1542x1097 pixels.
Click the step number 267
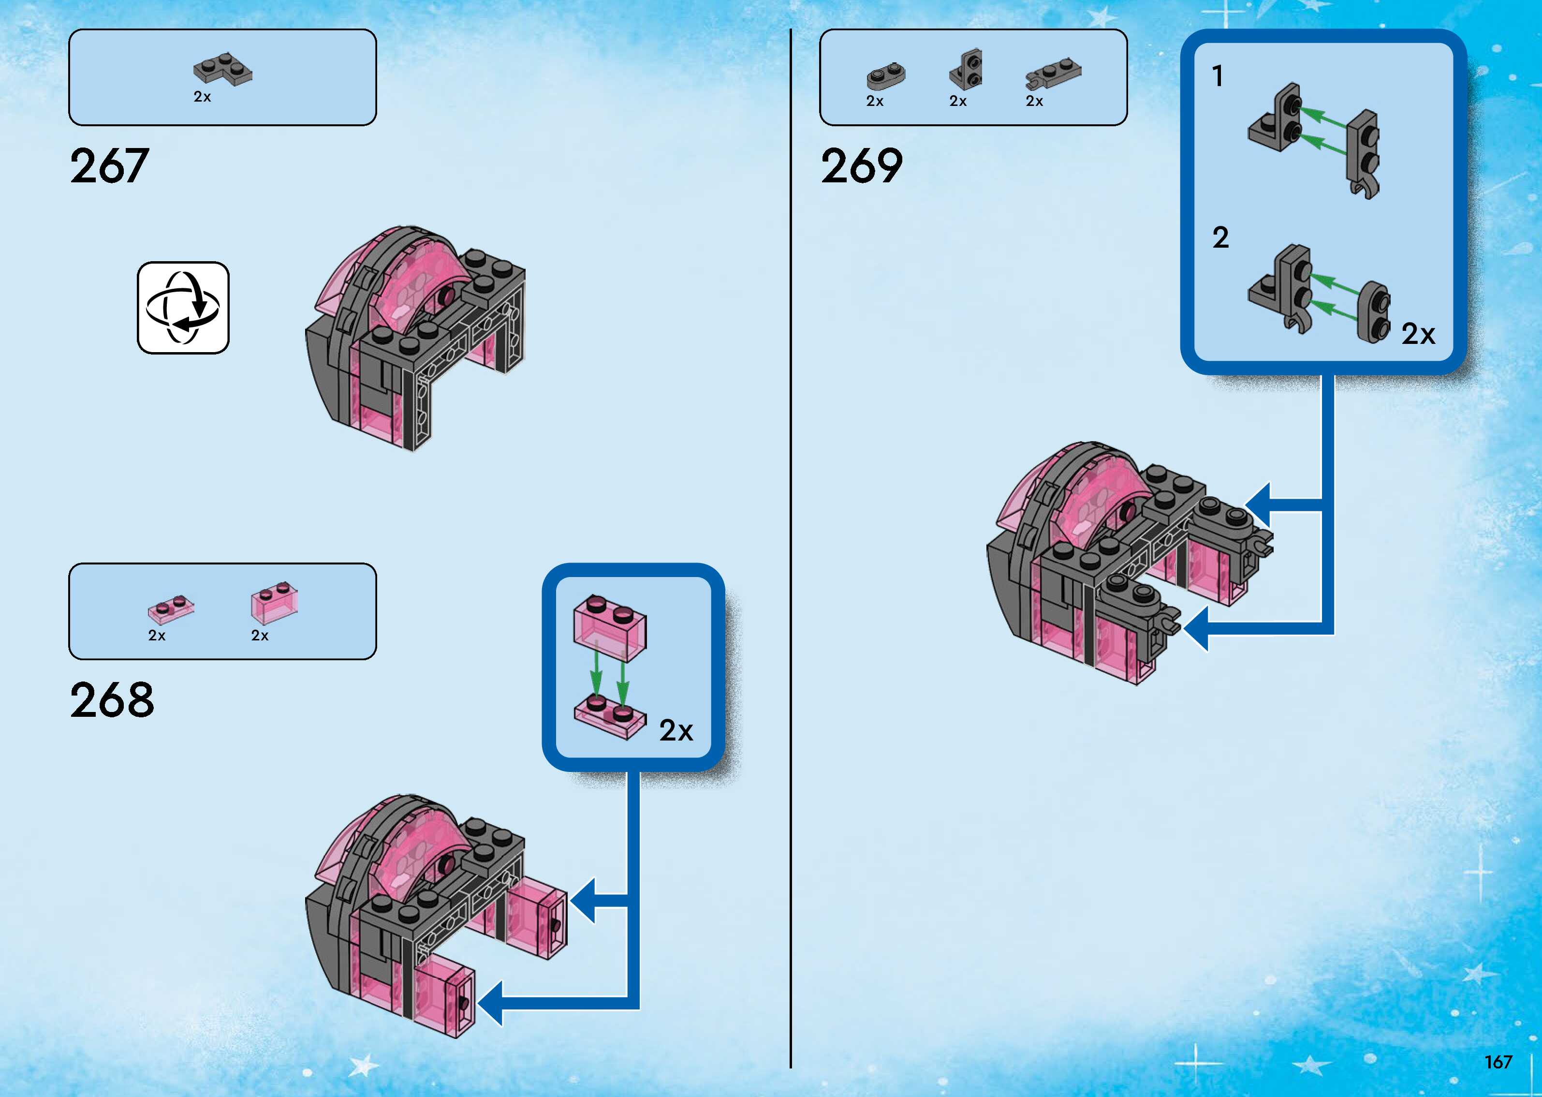[x=109, y=166]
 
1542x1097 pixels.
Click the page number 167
[x=1498, y=1062]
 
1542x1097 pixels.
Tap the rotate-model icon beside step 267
[x=183, y=308]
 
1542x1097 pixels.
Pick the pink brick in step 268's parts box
[x=274, y=603]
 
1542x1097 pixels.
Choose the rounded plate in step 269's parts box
[x=886, y=76]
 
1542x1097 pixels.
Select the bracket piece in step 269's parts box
[x=966, y=70]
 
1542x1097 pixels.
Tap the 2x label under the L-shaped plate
[x=202, y=97]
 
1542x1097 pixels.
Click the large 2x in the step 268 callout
[x=676, y=730]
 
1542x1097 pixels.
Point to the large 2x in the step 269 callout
[x=1418, y=334]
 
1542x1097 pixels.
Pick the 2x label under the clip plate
[x=1034, y=101]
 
